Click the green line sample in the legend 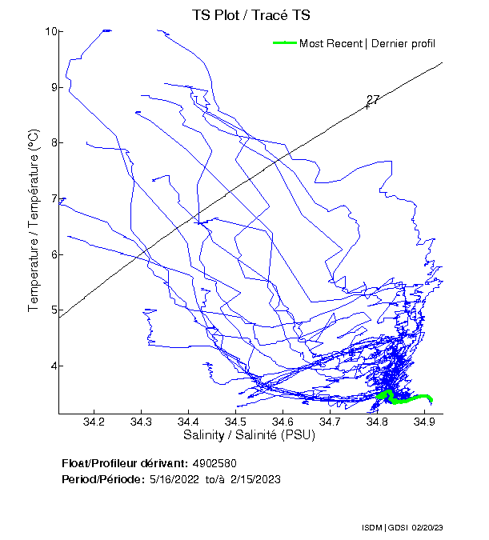tap(285, 43)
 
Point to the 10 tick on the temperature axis tap(50, 31)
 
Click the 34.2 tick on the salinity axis tap(94, 422)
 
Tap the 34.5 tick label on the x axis tap(235, 422)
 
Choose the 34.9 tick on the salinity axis tap(423, 422)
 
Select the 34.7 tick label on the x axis tap(330, 422)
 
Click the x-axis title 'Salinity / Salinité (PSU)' tap(250, 436)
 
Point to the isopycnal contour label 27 tap(373, 100)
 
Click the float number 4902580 tap(214, 463)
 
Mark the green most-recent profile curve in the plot tap(404, 398)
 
